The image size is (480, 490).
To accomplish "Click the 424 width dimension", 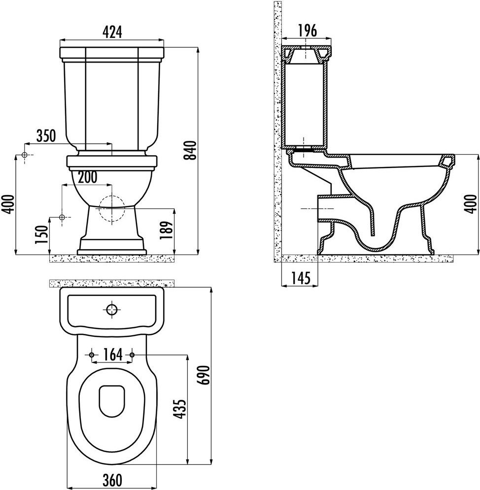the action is pos(112,32).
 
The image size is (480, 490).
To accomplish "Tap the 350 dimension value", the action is pos(46,136).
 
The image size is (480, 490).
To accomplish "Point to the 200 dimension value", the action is pos(88,177).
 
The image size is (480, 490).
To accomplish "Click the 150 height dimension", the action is pos(42,234).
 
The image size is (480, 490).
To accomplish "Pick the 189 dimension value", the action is pos(166,230).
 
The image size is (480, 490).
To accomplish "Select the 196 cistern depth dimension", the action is pos(307,31).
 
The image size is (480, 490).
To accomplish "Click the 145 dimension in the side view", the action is pos(301,278).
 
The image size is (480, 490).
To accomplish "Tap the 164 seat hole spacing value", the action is pos(112,355).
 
